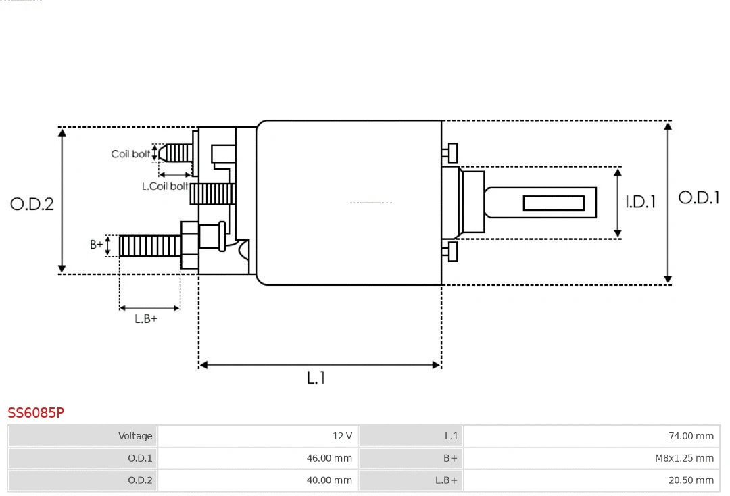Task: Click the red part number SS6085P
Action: click(36, 412)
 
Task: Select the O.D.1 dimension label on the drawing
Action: click(698, 198)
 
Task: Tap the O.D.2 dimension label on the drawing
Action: click(32, 203)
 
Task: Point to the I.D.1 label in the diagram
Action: click(639, 202)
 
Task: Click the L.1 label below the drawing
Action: click(316, 378)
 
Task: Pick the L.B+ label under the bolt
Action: click(145, 319)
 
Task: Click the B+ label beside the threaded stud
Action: click(97, 245)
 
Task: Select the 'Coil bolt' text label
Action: click(130, 154)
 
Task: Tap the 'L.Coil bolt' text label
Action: click(165, 186)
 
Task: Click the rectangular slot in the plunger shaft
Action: click(554, 203)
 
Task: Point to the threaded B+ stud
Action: click(149, 246)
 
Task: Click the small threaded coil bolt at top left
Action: click(177, 153)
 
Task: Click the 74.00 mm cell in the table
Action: click(591, 436)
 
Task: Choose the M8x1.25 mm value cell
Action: click(591, 458)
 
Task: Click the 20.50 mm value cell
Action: click(591, 480)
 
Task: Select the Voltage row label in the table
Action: click(82, 436)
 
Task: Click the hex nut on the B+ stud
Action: click(190, 245)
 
